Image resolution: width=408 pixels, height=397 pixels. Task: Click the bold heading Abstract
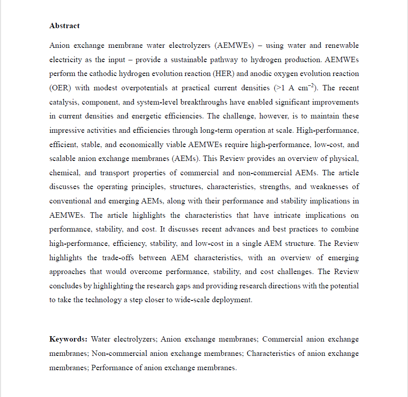coord(64,26)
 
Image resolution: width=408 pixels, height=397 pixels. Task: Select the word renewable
coord(342,45)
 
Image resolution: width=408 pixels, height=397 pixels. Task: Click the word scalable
coord(63,159)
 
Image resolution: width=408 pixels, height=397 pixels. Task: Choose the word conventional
coord(70,201)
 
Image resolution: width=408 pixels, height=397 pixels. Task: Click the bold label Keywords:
coord(68,339)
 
